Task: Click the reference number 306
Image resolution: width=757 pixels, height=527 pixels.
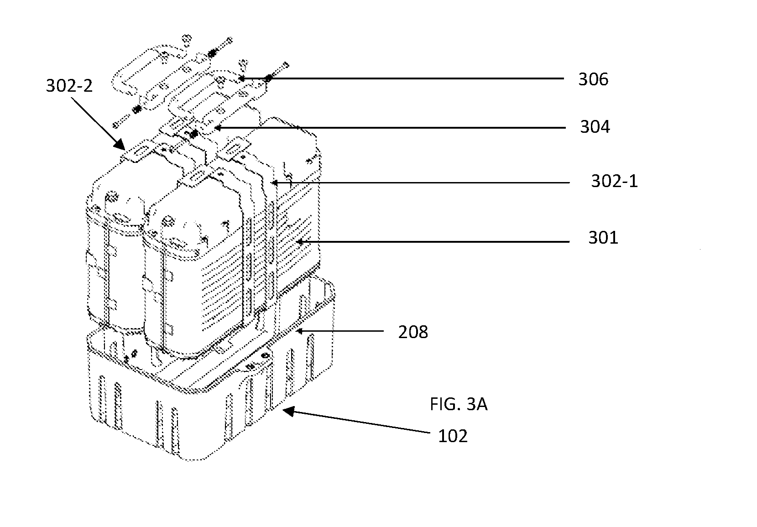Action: [x=593, y=79]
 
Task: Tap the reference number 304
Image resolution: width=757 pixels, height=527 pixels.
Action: [x=595, y=127]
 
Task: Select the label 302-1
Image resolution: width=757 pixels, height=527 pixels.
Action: [x=614, y=181]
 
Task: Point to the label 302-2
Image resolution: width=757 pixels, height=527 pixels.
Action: [x=69, y=85]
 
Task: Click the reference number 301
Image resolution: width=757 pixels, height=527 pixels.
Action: [x=603, y=238]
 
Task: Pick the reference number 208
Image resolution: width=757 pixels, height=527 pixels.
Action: [x=413, y=332]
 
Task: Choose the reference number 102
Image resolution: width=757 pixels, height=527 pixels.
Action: [x=453, y=436]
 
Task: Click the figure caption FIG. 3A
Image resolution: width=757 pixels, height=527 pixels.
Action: [x=459, y=404]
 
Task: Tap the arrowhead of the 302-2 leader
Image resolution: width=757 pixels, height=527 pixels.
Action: [x=120, y=144]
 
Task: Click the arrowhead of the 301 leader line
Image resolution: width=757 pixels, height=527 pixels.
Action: [x=299, y=242]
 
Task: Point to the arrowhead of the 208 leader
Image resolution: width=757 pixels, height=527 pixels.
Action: [x=299, y=331]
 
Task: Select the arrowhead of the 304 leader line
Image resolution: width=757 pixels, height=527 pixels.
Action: [x=218, y=128]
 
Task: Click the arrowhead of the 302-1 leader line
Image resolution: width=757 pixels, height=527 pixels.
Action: [x=275, y=183]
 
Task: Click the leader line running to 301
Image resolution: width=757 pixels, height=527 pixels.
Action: [x=432, y=242]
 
